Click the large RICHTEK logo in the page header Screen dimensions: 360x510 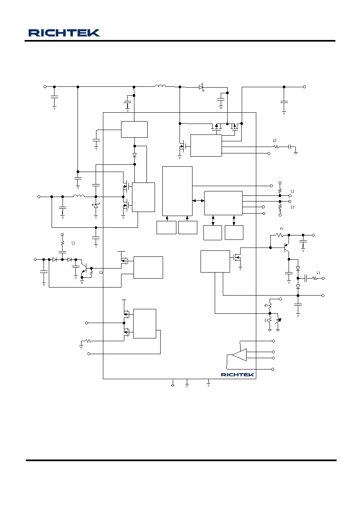[x=64, y=33]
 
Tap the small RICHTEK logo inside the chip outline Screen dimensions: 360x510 [x=237, y=375]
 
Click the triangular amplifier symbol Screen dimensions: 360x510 [x=239, y=355]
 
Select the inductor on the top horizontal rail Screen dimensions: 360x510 [x=161, y=86]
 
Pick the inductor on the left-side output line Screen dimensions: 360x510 [x=79, y=196]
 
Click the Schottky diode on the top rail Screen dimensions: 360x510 [x=201, y=87]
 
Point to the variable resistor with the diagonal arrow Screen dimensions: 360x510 [x=278, y=321]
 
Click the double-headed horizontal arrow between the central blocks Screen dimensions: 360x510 [x=198, y=201]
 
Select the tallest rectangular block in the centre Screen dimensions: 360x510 [x=177, y=191]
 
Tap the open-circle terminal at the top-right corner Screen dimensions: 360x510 [x=304, y=87]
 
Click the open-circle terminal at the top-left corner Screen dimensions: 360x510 [x=45, y=86]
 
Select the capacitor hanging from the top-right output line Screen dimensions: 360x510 [x=284, y=102]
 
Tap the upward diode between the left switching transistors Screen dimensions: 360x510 [x=96, y=206]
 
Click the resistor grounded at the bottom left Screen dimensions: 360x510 [x=88, y=341]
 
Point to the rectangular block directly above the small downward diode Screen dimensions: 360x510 [x=134, y=129]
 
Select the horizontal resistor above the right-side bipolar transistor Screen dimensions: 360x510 [x=279, y=235]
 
